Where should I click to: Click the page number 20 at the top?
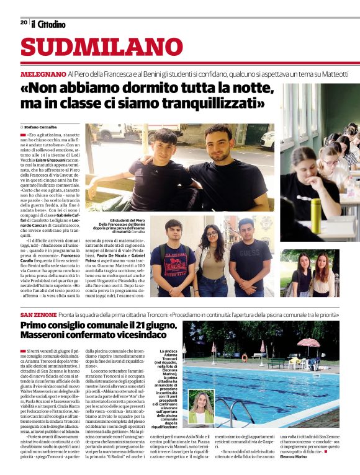(24, 22)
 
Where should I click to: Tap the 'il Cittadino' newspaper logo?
(48, 24)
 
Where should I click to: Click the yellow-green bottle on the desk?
(316, 210)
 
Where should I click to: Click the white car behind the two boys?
(268, 139)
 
